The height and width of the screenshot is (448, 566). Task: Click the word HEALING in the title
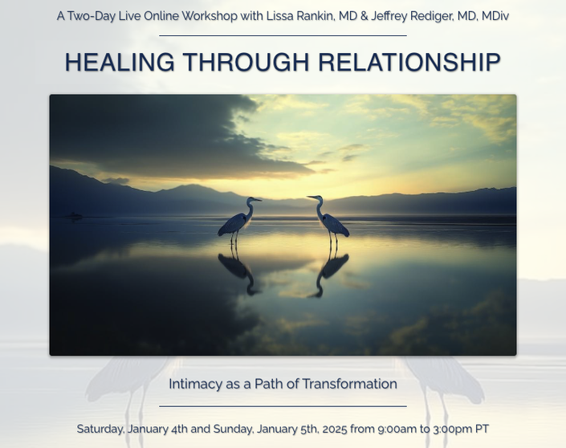coord(120,62)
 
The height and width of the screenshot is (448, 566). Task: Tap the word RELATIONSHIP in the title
coord(409,62)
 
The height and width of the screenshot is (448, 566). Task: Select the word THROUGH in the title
coord(246,62)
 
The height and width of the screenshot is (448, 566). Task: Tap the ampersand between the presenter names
coord(364,16)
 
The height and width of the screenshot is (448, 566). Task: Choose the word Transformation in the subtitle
coord(349,384)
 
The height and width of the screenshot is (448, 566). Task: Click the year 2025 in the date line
coord(335,430)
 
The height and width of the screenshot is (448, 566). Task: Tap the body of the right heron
coord(335,225)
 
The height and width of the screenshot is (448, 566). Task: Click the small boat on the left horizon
coord(75,215)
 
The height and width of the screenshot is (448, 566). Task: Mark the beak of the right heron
coord(312,197)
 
